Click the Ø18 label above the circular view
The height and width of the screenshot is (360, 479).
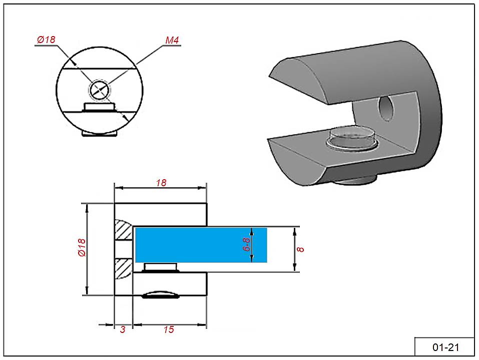point(46,40)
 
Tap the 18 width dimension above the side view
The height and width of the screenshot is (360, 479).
point(161,183)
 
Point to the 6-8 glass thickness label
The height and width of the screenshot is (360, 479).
point(247,244)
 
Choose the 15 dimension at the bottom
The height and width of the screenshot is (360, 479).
point(169,329)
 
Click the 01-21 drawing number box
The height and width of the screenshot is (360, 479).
point(444,347)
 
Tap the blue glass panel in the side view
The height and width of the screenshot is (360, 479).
point(200,244)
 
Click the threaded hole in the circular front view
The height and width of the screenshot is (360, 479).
point(100,90)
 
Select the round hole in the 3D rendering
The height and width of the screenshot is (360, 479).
point(387,109)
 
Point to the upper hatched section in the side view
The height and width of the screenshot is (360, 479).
point(123,230)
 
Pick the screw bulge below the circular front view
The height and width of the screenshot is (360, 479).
point(100,134)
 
